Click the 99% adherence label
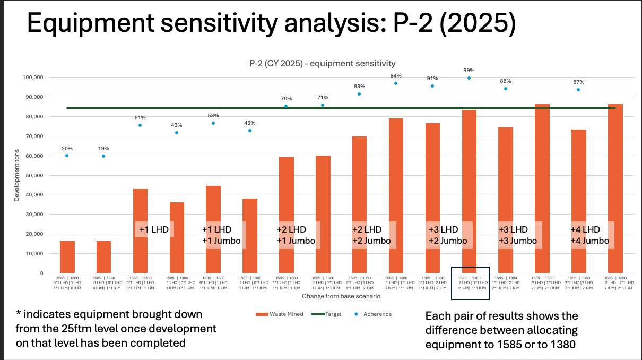pos(469,71)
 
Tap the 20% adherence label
pos(67,148)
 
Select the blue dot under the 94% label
pos(396,83)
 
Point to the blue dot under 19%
pos(103,156)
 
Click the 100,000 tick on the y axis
pos(31,78)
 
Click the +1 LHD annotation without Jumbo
pos(154,229)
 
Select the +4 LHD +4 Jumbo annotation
pos(589,235)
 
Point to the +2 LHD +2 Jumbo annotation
pos(371,235)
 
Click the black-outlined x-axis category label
pos(470,283)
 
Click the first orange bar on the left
pos(67,257)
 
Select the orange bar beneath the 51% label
pos(140,231)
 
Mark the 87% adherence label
pos(578,82)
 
